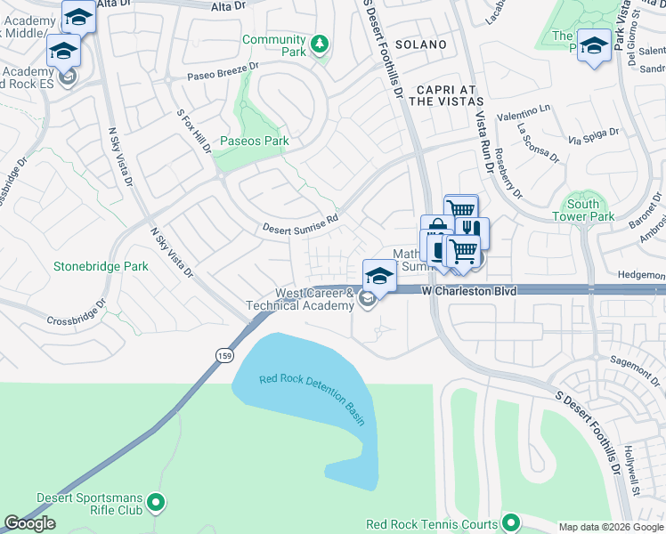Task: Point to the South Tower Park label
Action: pos(582,210)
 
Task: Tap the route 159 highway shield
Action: pos(223,354)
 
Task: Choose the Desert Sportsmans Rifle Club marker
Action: pos(157,503)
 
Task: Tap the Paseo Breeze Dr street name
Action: pos(222,70)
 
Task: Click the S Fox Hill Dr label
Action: pos(194,132)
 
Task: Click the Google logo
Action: pos(30,523)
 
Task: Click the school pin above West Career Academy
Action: pos(379,274)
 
